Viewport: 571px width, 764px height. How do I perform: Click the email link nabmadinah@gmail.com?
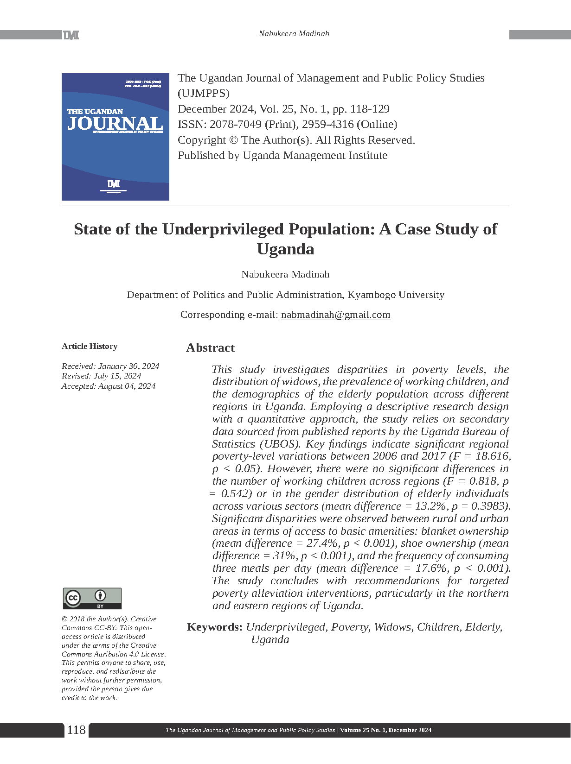coord(335,315)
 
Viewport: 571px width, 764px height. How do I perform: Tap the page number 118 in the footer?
coord(77,730)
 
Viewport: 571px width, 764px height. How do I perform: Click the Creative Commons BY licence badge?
coord(92,598)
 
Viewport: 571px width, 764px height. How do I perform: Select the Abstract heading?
coord(210,348)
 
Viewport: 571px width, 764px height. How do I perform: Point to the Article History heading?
coord(90,346)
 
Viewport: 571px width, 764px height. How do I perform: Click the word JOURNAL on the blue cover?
coord(115,123)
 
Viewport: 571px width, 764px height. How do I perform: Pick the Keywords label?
coord(214,627)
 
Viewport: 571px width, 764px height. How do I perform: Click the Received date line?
coord(110,366)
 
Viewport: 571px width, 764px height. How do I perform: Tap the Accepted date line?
coord(109,386)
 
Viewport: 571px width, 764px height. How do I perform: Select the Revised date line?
coord(101,376)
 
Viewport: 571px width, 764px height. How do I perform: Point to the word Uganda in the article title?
coord(285,249)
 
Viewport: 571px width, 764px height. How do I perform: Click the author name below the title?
coord(285,274)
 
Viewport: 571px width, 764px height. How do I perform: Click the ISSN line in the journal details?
coord(287,124)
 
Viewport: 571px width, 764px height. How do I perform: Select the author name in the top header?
coord(294,33)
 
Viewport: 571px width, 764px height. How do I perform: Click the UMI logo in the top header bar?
coord(71,35)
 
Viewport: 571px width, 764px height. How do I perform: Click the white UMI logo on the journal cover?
coord(114,184)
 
